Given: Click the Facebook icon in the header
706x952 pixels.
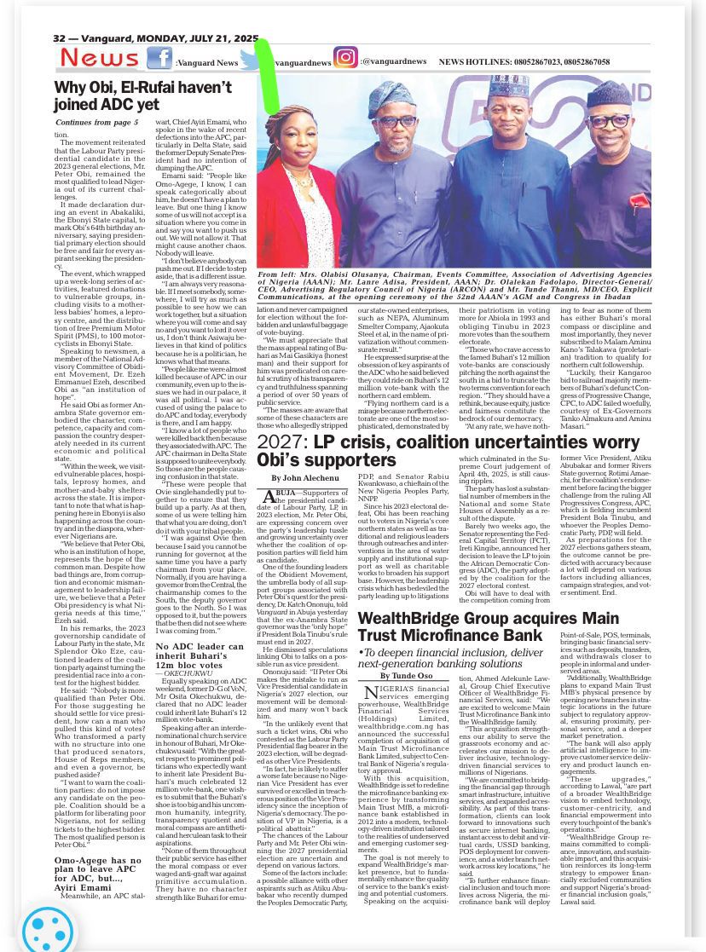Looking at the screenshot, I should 159,58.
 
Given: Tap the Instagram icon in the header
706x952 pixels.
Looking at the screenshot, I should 345,57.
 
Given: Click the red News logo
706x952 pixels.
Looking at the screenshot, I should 100,58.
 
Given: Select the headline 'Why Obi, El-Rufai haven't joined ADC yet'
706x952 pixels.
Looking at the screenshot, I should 143,95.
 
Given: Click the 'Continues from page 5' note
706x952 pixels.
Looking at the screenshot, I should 101,123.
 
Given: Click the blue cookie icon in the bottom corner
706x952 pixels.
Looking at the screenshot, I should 48,927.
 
